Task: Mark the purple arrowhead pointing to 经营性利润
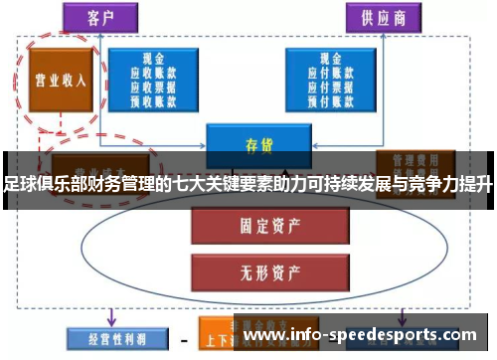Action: [110, 319]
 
